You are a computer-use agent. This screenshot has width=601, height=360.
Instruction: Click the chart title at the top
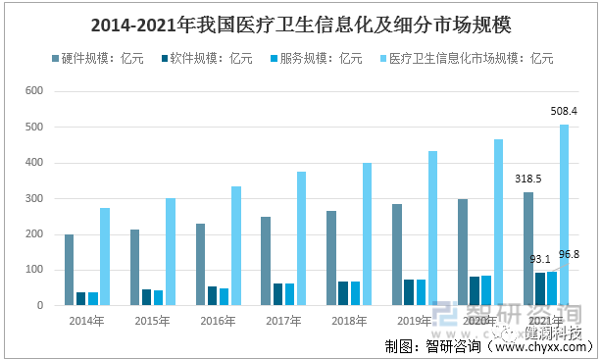click(300, 23)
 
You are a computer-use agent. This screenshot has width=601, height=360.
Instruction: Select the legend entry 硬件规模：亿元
click(103, 58)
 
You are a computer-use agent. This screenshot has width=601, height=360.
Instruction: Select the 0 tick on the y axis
click(39, 305)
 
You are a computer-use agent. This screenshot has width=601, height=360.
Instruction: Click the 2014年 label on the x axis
click(87, 320)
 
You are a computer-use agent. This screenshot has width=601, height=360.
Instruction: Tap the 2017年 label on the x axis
click(283, 320)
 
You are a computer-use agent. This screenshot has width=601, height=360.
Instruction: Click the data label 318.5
click(529, 179)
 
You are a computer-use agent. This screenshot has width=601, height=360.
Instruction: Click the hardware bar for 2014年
click(70, 270)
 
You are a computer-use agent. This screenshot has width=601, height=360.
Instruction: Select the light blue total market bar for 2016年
click(235, 245)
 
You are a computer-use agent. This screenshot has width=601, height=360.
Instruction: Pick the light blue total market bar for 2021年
click(564, 215)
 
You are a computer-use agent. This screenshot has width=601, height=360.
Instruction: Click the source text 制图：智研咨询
click(432, 345)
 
